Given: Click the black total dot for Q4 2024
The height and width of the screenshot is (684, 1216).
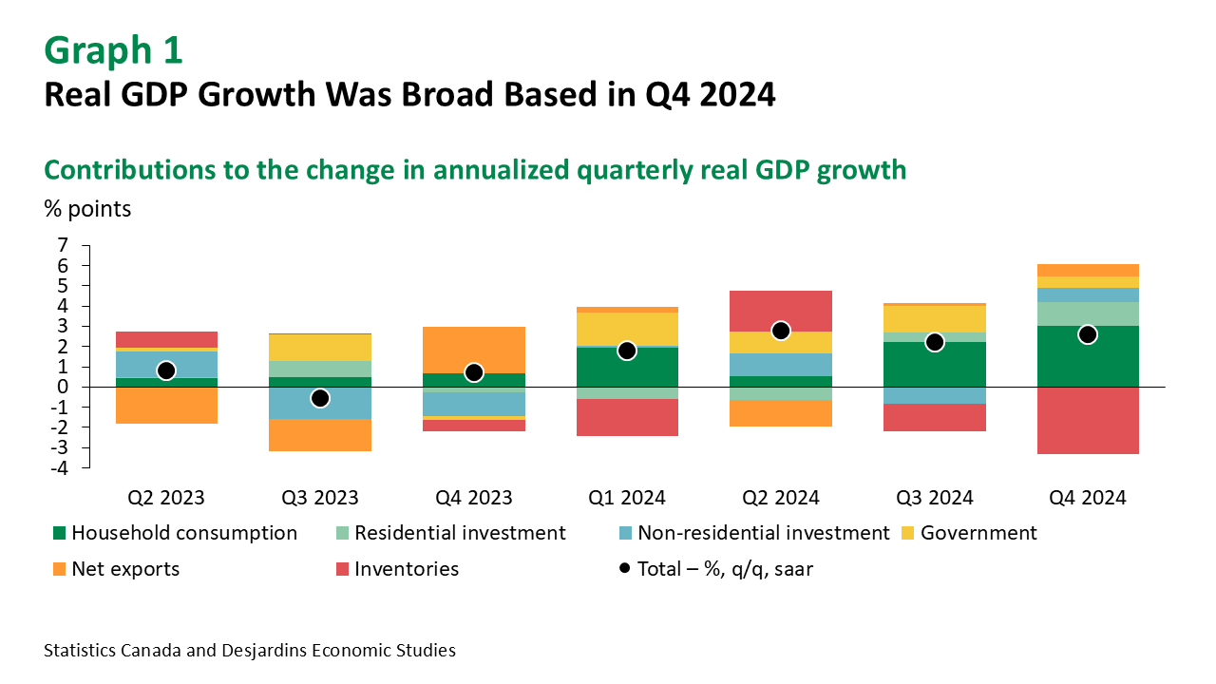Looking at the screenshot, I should [x=1088, y=334].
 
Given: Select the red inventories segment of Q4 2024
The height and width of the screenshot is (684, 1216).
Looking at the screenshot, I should [x=1088, y=421].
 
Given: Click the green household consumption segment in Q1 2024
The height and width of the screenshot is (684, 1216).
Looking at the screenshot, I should [x=627, y=368].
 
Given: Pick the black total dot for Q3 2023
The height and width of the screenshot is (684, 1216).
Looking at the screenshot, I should [x=320, y=397].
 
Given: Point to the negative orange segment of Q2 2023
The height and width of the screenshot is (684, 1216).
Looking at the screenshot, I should [x=166, y=405].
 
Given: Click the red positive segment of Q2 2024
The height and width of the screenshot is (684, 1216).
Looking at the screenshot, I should [x=781, y=311].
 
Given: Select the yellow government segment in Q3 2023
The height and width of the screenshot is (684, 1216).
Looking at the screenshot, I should [x=320, y=347].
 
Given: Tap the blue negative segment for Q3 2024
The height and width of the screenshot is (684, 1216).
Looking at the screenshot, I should [x=934, y=395].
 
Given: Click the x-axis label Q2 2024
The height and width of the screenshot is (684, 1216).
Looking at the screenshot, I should [x=781, y=498].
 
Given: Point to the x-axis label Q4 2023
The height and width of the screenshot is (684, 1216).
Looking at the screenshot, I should [x=474, y=498].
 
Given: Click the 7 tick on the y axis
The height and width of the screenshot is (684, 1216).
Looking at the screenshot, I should [x=63, y=246].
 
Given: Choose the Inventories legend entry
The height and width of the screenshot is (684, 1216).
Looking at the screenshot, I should [x=407, y=569].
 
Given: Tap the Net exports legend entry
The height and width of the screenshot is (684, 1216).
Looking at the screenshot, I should [x=124, y=569].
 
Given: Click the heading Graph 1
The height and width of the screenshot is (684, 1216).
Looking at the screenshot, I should [x=113, y=50].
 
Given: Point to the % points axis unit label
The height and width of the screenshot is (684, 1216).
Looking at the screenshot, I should [x=87, y=208].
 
